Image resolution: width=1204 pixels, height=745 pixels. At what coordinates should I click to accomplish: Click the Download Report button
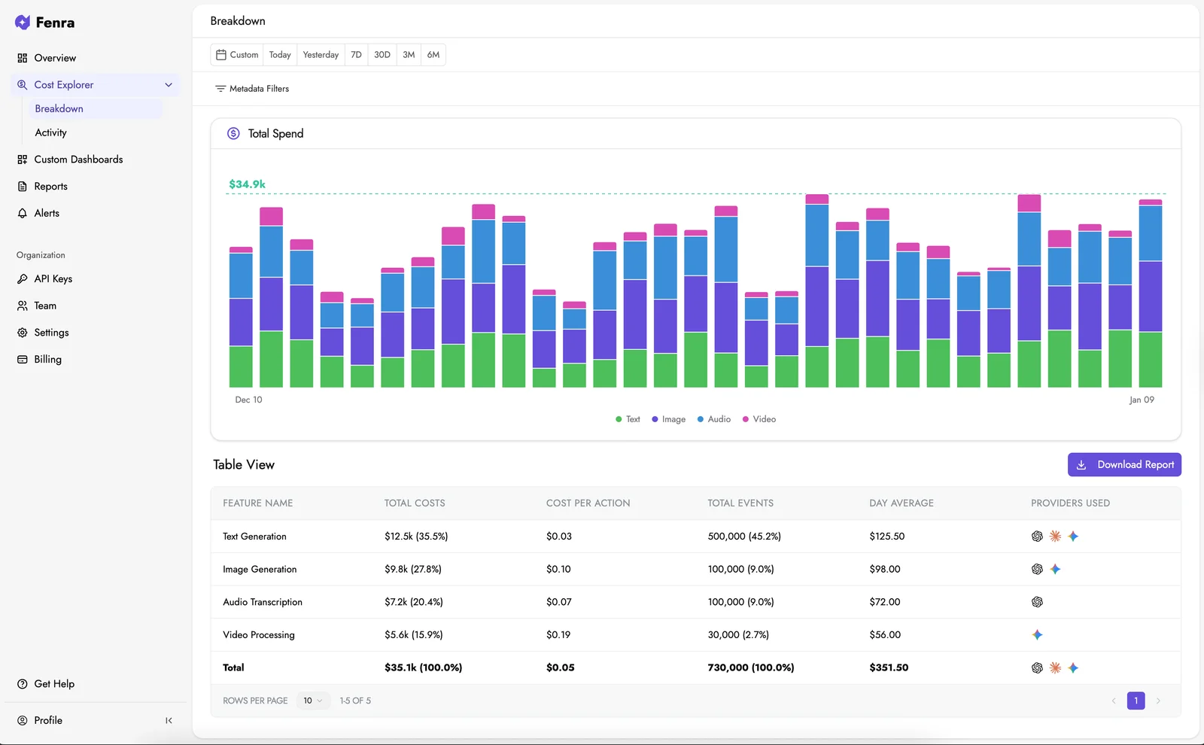click(x=1124, y=464)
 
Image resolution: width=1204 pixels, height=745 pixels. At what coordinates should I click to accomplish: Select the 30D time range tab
click(x=382, y=55)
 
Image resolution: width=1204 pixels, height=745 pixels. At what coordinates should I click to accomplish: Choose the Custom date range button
click(x=237, y=55)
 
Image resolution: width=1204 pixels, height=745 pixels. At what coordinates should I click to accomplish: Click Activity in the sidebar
click(x=50, y=132)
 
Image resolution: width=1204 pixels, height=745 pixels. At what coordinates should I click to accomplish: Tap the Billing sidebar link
click(x=47, y=360)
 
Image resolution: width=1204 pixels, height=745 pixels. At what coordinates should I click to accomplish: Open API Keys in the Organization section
click(x=53, y=279)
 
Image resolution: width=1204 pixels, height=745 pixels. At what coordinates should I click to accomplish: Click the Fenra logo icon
click(x=23, y=23)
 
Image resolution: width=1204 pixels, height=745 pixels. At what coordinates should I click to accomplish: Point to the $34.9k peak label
click(x=247, y=184)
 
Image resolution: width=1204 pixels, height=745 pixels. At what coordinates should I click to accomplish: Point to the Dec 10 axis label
click(x=248, y=400)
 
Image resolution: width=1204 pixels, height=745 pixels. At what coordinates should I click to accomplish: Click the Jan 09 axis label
click(x=1141, y=400)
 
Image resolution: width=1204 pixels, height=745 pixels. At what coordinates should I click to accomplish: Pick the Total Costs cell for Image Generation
click(x=412, y=570)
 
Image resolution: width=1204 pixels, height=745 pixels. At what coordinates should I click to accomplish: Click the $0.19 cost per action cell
click(x=558, y=635)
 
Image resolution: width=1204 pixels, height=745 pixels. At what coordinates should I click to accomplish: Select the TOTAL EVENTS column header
click(x=740, y=503)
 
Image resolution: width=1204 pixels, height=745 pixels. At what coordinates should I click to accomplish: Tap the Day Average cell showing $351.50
click(x=889, y=667)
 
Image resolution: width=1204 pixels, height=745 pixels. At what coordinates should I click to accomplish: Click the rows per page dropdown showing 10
click(x=313, y=701)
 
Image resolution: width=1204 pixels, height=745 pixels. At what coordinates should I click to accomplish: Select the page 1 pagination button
click(x=1136, y=701)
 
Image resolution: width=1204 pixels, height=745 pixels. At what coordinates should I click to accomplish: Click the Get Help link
click(x=54, y=684)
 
